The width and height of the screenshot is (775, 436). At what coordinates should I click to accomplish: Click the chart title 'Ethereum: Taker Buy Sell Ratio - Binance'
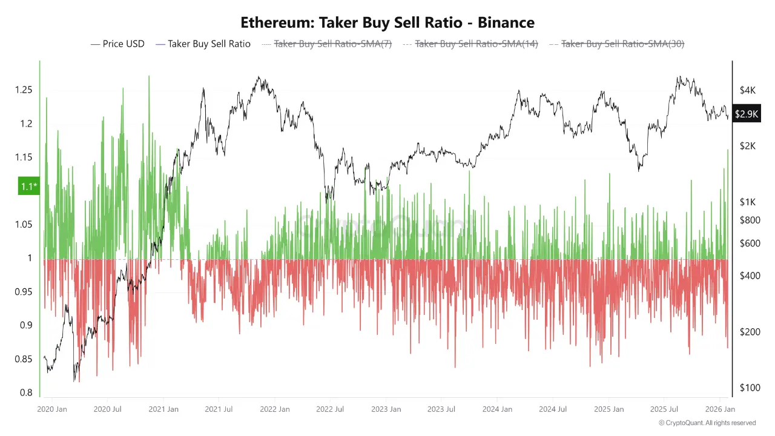pos(387,23)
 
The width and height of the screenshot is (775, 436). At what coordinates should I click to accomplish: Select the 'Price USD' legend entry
pos(117,44)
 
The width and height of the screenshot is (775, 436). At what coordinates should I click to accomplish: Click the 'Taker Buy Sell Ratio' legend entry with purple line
pos(203,44)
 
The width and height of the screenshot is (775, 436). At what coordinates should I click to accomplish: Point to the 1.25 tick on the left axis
pos(23,90)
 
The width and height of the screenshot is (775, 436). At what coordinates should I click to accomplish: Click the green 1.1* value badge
pos(28,187)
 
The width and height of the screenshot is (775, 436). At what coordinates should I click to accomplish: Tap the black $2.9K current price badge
pos(746,114)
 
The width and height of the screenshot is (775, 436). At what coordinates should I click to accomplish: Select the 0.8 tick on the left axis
pos(25,393)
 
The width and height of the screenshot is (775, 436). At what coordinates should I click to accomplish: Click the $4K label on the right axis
pos(747,90)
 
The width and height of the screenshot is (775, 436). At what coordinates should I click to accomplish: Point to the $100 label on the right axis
pos(750,388)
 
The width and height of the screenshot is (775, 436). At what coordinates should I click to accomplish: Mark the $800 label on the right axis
pos(750,220)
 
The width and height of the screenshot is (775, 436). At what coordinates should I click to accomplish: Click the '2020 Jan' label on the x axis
pos(52,409)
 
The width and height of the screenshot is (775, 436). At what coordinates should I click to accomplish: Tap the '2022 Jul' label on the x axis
pos(330,409)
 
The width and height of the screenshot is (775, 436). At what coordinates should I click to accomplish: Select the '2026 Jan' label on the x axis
pos(721,409)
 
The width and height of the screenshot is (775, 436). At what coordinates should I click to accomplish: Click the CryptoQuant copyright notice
pos(707,423)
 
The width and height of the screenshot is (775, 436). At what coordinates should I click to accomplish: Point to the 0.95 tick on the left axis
pos(23,292)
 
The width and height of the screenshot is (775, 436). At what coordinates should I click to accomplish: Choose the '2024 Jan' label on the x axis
pos(497,409)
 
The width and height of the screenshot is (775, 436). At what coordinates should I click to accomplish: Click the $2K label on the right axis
pos(747,146)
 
